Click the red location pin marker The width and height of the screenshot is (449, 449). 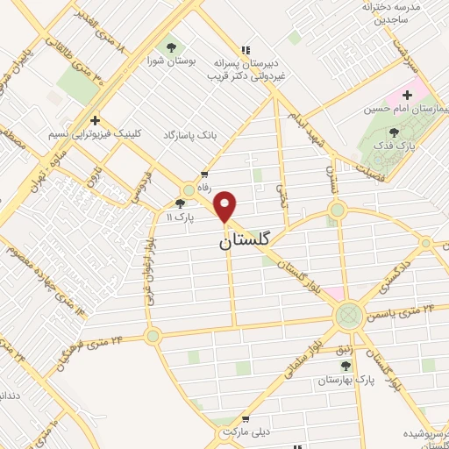(226, 206)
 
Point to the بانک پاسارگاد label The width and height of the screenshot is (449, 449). (188, 137)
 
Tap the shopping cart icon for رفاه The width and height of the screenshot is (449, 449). (204, 175)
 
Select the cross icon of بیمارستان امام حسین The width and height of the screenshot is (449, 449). (408, 95)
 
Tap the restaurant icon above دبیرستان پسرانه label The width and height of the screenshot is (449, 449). (245, 50)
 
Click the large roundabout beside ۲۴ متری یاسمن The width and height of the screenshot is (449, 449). (349, 314)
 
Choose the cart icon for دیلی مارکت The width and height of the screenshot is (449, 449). (246, 419)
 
